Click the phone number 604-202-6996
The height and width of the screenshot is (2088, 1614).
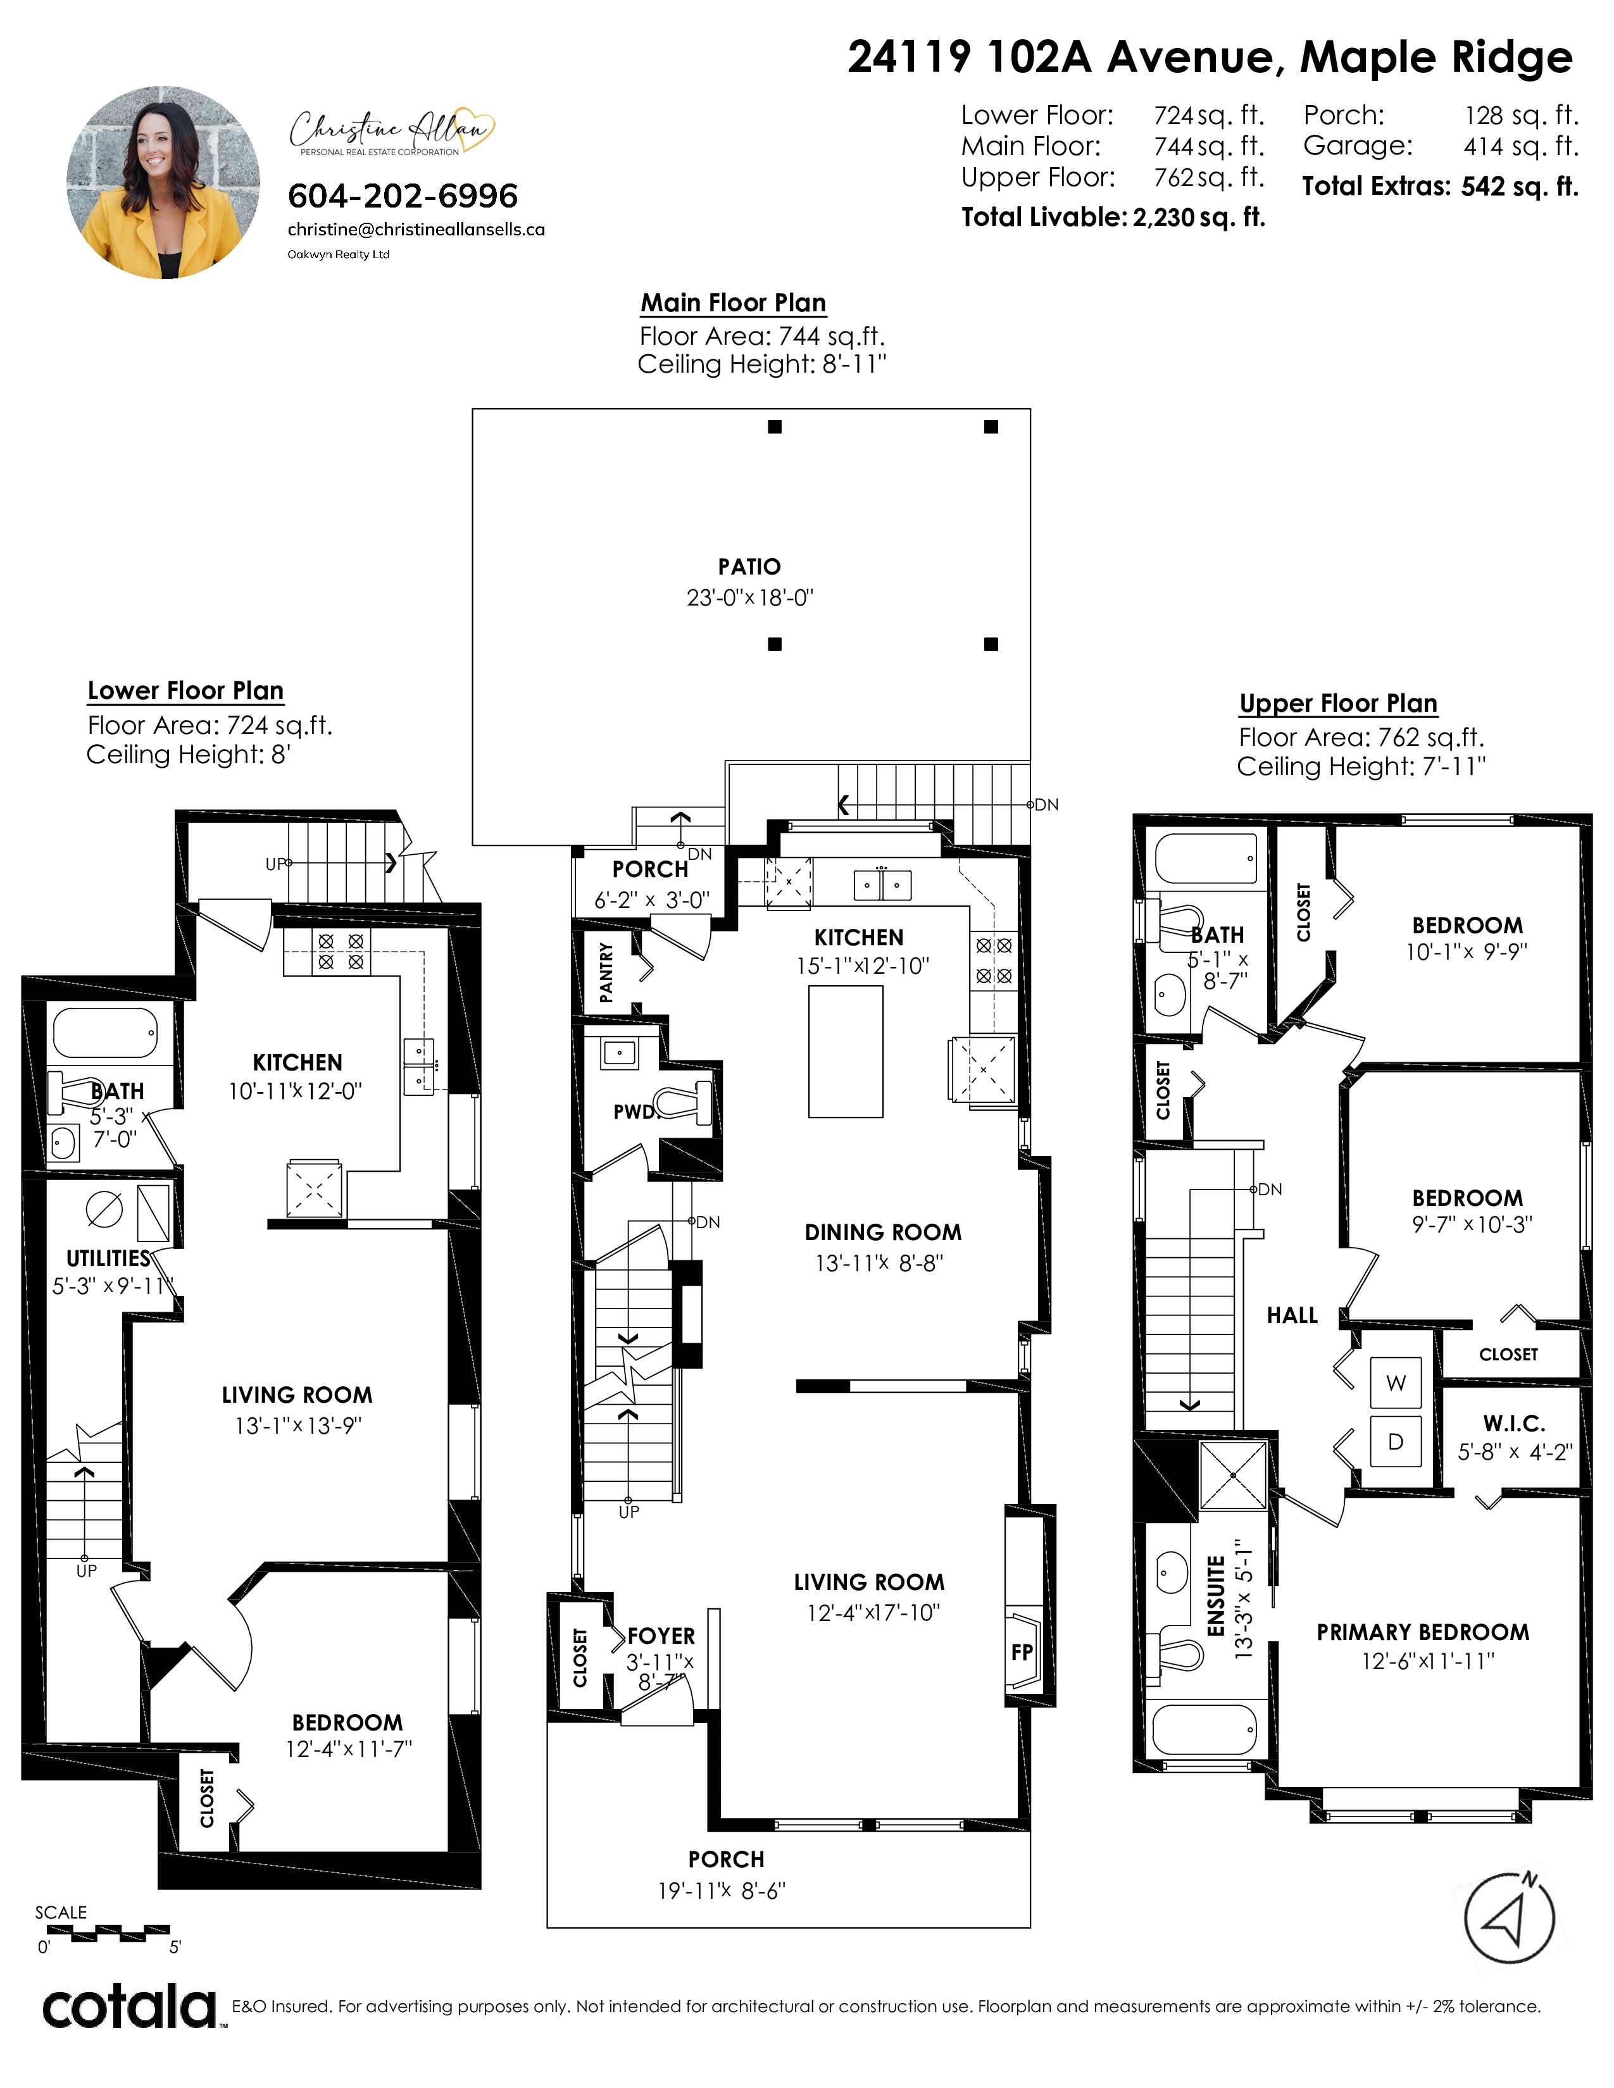(x=403, y=196)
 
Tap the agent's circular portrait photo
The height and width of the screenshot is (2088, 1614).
(x=163, y=183)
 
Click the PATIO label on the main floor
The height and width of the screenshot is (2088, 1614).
(x=749, y=567)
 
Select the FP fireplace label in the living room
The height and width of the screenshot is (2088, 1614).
(x=1021, y=1652)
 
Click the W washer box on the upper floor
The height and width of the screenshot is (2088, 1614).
(x=1396, y=1383)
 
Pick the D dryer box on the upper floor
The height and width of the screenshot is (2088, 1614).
(x=1396, y=1442)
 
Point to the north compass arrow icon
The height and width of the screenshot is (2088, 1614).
(x=1510, y=1918)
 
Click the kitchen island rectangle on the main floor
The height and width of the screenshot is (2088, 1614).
(x=845, y=1052)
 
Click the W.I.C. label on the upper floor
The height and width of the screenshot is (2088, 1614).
(x=1515, y=1424)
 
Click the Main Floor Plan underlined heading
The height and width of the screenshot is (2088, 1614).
(x=734, y=303)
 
